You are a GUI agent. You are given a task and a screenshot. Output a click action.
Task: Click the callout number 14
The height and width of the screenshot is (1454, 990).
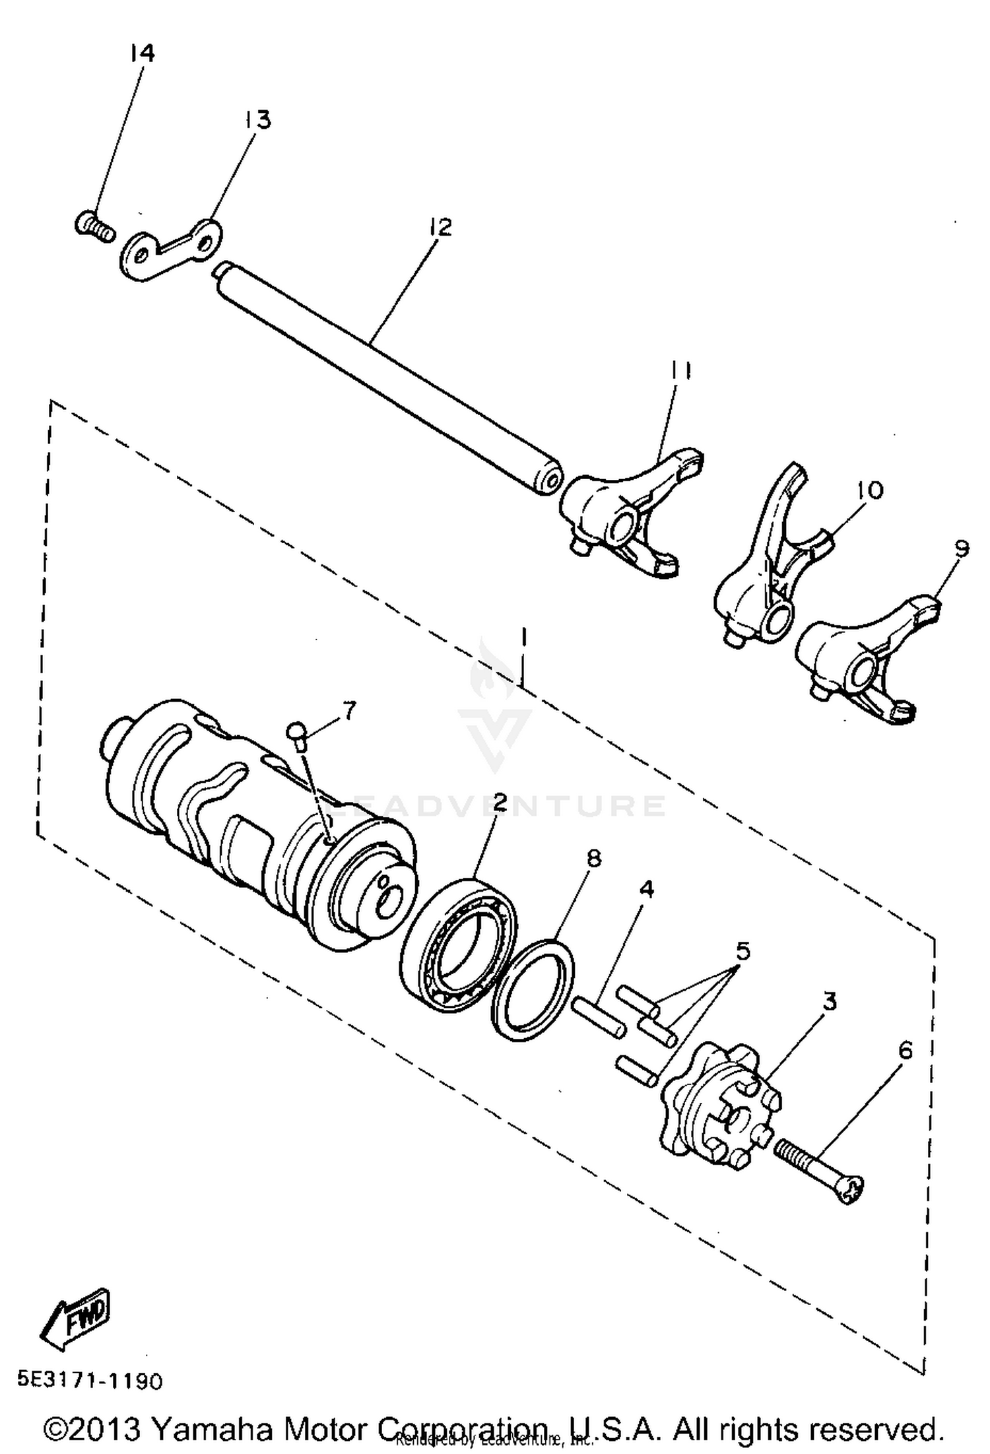point(142,53)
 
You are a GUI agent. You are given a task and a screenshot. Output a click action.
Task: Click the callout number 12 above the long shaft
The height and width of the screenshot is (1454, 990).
point(440,227)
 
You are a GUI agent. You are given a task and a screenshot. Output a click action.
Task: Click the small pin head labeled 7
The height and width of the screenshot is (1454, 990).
point(296,729)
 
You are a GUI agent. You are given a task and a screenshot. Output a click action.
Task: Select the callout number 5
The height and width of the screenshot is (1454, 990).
point(742,951)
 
